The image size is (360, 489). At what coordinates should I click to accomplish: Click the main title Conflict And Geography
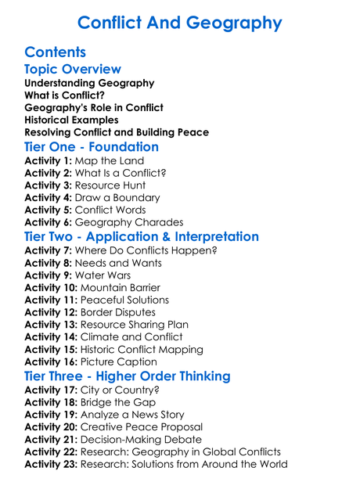[x=180, y=22]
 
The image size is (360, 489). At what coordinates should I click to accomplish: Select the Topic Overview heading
[x=73, y=69]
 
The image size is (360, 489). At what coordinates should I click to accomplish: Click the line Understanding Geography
[x=89, y=83]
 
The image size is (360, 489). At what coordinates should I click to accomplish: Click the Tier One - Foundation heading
[x=92, y=147]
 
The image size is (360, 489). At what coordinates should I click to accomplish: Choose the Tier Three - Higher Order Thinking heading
[x=128, y=376]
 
